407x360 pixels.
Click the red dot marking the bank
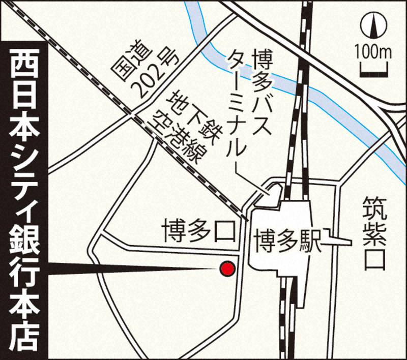point(226,268)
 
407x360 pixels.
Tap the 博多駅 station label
point(289,242)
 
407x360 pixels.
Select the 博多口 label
point(198,231)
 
